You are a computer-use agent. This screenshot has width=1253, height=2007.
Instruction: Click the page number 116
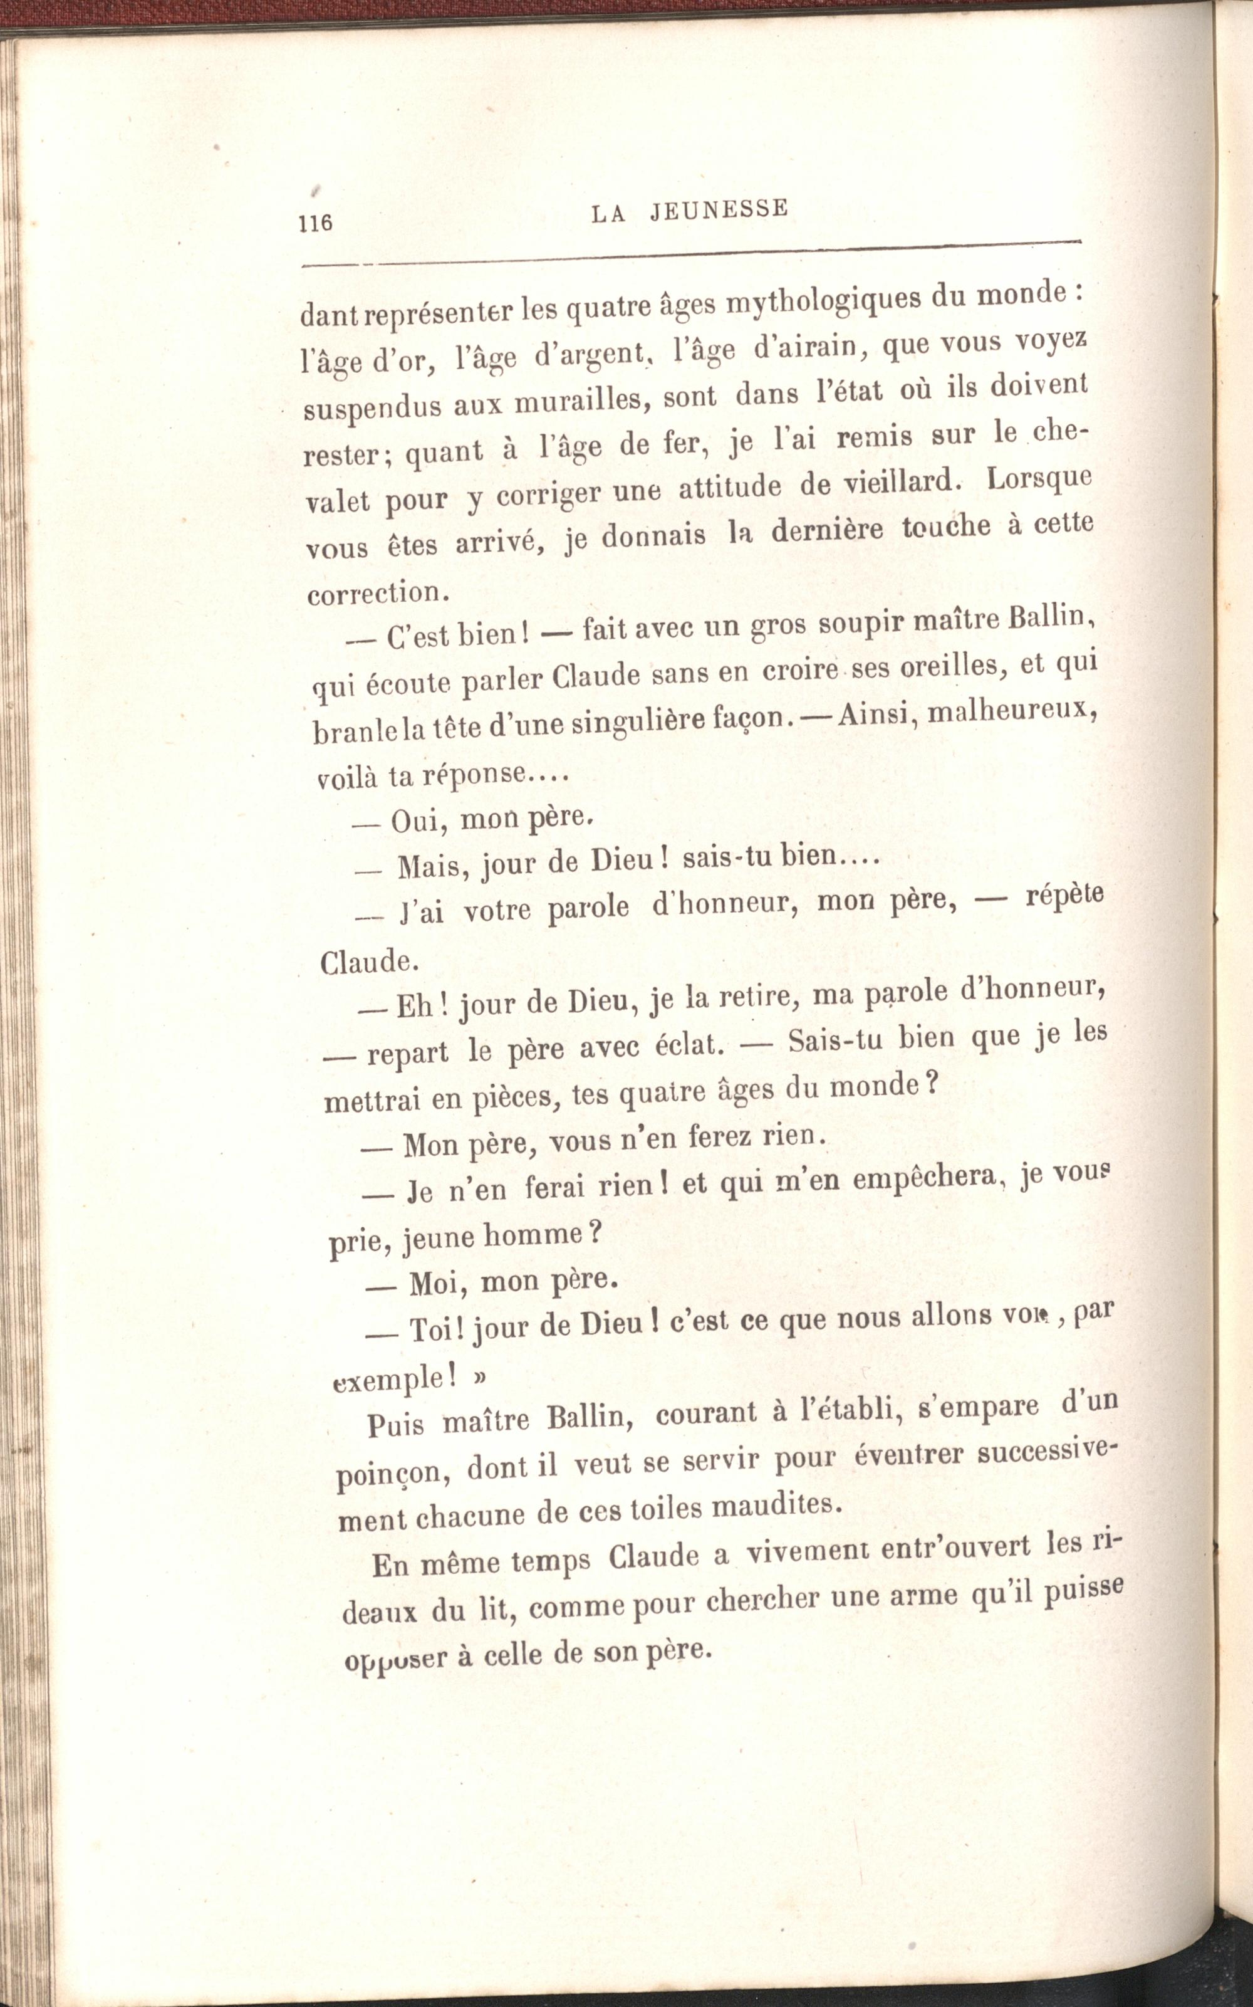point(316,223)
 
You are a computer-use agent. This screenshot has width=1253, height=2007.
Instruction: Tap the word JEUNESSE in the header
point(719,210)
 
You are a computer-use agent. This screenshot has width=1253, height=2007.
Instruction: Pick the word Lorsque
point(1040,479)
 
